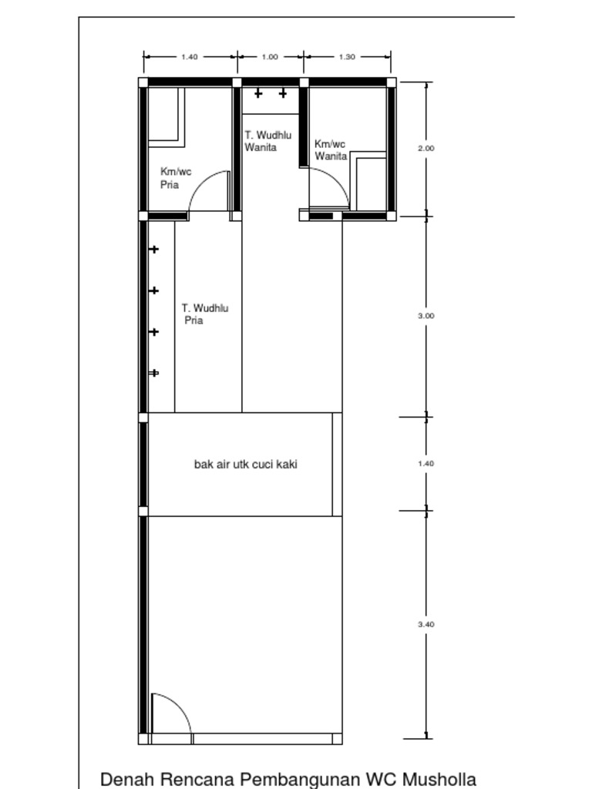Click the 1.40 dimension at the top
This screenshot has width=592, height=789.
coord(190,57)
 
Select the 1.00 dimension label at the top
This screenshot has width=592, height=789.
coord(270,57)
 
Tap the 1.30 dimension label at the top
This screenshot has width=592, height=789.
coord(347,57)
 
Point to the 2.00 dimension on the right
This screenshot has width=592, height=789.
coord(426,148)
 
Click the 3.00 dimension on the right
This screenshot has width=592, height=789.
coord(426,316)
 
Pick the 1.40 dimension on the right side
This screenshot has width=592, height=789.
coord(426,464)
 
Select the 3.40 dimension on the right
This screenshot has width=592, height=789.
coord(426,625)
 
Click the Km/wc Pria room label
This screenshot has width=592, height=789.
coord(176,178)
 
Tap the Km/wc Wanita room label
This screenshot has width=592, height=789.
coord(331,150)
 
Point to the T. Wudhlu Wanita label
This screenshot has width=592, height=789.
coord(268,141)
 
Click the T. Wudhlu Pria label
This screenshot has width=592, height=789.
coord(205,314)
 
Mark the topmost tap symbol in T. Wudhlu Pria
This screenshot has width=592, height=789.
coord(154,250)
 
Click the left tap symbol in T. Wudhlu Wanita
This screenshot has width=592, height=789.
coord(258,93)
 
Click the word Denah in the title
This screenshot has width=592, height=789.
coord(123,778)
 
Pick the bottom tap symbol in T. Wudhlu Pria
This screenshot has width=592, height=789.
coord(154,373)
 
